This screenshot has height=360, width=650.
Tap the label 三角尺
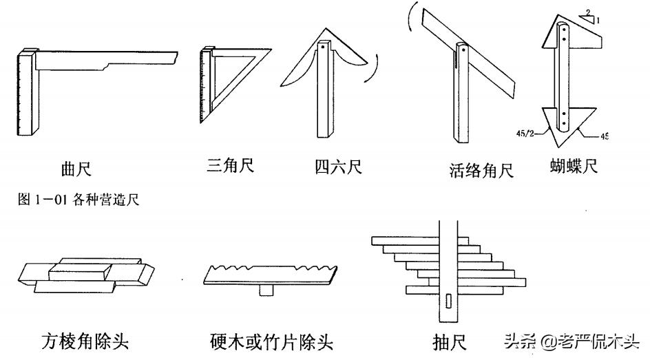[x=230, y=167]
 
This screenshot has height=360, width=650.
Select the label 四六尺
[x=338, y=167]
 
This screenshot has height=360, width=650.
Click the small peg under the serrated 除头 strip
[x=266, y=291]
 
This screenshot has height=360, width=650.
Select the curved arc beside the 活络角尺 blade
[x=412, y=23]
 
